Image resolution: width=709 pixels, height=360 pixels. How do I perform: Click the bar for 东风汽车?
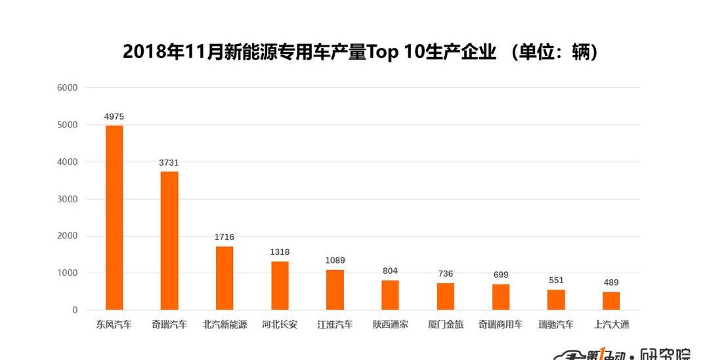114,217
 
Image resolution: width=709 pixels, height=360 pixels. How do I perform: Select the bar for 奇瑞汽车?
169,240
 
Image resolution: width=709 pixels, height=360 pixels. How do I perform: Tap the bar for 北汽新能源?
225,278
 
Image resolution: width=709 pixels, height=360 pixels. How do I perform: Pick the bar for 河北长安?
280,285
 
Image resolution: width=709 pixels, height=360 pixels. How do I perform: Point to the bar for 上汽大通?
611,301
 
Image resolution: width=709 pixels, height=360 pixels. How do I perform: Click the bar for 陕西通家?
390,295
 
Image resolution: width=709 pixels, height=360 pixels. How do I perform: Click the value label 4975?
114,117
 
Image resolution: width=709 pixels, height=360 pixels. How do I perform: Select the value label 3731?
169,163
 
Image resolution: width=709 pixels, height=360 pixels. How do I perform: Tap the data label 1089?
335,261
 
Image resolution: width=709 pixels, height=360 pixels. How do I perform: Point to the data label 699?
501,275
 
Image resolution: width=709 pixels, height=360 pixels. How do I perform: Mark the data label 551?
556,280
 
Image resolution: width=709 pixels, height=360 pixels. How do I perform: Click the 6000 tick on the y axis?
68,88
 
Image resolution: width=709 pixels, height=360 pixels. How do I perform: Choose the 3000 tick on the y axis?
68,199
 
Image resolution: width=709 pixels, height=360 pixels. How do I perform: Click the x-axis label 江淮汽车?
335,325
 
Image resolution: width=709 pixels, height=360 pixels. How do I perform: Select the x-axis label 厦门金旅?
446,325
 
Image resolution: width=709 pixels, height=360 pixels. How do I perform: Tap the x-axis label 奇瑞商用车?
501,325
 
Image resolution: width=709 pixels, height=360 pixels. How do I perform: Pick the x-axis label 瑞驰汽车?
556,325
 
